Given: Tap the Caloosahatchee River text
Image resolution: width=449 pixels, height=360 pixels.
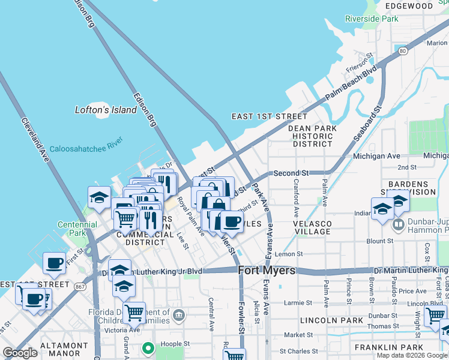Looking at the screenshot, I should (x=86, y=145).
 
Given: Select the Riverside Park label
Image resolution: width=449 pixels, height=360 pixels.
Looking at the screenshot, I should (x=372, y=19).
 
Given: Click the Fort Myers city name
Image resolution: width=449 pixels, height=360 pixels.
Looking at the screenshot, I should (x=267, y=271).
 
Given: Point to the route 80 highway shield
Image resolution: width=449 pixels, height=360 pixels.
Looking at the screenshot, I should (x=403, y=50).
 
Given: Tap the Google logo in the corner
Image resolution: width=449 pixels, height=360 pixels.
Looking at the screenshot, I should (x=20, y=353).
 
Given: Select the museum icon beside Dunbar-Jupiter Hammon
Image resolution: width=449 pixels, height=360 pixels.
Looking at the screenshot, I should (x=397, y=226).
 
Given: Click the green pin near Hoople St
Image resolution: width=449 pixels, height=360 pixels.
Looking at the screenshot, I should (x=148, y=347).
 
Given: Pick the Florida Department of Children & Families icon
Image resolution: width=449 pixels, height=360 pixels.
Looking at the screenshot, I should (x=179, y=314).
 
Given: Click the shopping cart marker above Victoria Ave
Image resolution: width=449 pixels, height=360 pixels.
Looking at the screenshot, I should (x=134, y=311).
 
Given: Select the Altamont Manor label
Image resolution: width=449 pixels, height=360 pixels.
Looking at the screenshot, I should (x=55, y=350).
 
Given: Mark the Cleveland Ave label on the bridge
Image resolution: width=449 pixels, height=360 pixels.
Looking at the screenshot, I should (x=35, y=140).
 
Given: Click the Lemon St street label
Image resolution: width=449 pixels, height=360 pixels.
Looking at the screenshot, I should (x=289, y=254).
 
